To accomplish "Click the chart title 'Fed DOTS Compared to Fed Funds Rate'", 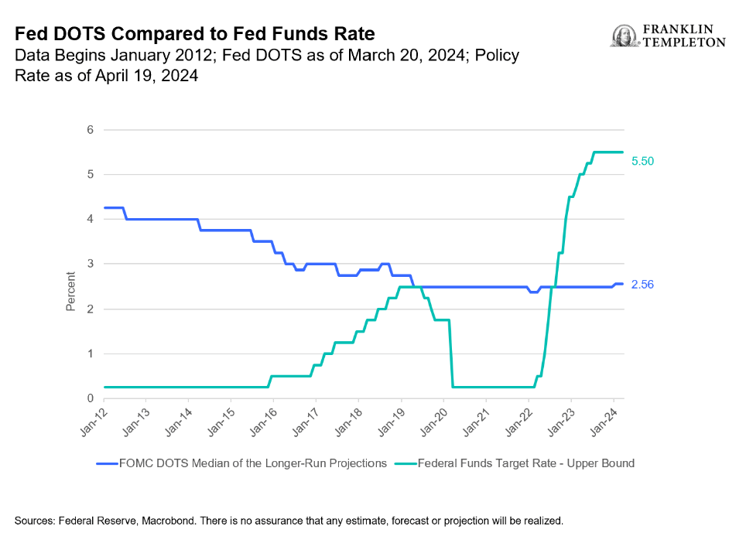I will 194,34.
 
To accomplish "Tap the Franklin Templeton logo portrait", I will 622,36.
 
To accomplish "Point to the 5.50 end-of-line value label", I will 644,161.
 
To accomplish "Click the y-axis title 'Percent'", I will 70,291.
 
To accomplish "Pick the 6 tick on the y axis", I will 90,129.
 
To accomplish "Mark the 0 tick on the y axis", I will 90,398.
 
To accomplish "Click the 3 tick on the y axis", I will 90,264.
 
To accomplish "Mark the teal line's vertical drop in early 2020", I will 451,352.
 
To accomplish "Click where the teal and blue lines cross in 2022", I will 553,287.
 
